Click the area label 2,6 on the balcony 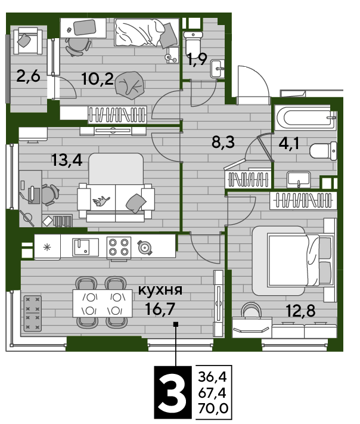point(29,76)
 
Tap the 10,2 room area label point(98,79)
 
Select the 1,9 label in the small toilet point(197,60)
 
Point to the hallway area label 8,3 point(224,142)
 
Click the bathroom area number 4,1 point(289,143)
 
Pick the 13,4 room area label point(67,160)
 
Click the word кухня point(160,290)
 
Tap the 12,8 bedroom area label point(300,311)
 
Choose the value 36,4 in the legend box point(212,376)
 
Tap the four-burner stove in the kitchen point(119,247)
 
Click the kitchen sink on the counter point(85,247)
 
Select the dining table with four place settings point(103,303)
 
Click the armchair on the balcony point(28,41)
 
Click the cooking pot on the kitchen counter point(144,247)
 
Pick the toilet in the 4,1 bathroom point(323,151)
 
